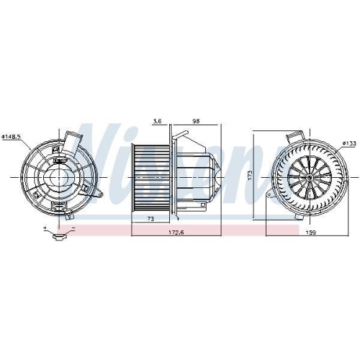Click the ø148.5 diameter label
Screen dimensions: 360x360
(x=12, y=137)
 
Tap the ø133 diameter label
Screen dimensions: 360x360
(x=349, y=143)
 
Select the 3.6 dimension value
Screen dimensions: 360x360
(x=157, y=121)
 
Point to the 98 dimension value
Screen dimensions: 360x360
(x=196, y=121)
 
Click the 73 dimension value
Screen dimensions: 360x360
(x=150, y=219)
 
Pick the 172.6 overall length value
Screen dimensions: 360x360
(x=176, y=233)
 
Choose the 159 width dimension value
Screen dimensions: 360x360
(x=311, y=233)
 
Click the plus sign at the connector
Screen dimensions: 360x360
(x=45, y=228)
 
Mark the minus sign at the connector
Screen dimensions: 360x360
(x=73, y=228)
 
